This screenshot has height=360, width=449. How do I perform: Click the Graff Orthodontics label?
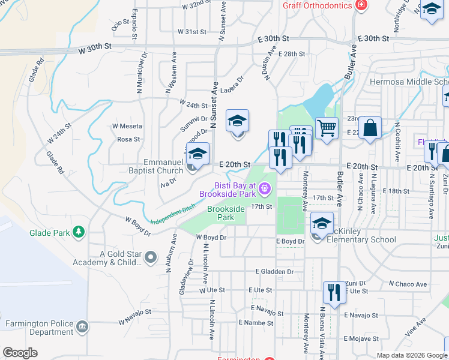click(318, 6)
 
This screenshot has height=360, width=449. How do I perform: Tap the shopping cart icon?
click(327, 128)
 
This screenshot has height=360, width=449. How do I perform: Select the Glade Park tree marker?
click(77, 232)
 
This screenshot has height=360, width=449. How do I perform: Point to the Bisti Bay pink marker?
click(264, 190)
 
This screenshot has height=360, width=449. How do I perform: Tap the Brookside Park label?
click(226, 213)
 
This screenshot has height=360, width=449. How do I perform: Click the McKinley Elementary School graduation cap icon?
click(322, 224)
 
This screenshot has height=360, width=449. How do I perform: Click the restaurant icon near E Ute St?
click(334, 293)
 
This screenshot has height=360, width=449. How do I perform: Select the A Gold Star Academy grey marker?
click(151, 257)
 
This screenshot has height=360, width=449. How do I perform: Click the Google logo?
click(20, 353)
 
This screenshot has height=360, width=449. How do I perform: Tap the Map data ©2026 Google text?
click(411, 355)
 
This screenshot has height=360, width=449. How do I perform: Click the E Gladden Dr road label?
click(274, 272)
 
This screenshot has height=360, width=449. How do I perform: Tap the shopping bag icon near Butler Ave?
click(370, 128)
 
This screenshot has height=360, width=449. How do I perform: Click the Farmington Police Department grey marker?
click(82, 327)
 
